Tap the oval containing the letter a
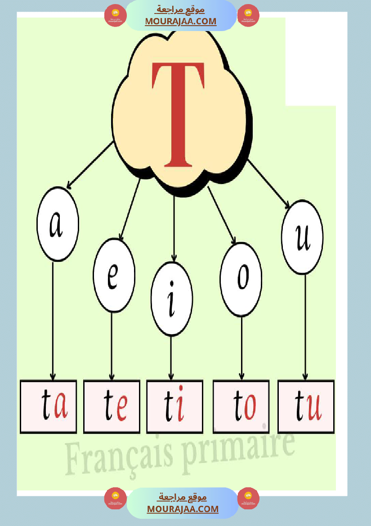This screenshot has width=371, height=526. pos(58,224)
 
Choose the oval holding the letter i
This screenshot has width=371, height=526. pos(172,298)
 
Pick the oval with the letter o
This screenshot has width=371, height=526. pos(241,279)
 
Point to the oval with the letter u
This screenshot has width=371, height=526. pos(302,237)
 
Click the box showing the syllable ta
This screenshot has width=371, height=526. pos(49,407)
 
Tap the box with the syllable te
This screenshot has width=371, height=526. pos(112,407)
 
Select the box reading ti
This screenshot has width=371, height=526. pos(174,407)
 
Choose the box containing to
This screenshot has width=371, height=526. pos(241,407)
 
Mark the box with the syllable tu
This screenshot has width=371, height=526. pos(306,407)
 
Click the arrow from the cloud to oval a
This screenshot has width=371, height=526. pos(89,165)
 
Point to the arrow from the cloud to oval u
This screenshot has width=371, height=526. pos(268,184)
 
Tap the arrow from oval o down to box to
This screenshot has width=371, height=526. pos(241,346)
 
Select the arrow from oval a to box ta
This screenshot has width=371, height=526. pos(53,319)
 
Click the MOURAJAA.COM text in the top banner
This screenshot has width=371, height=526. pos(180,21)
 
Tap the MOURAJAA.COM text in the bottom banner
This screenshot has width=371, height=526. pos(183,509)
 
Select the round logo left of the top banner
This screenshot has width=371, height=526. pos(115,16)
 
